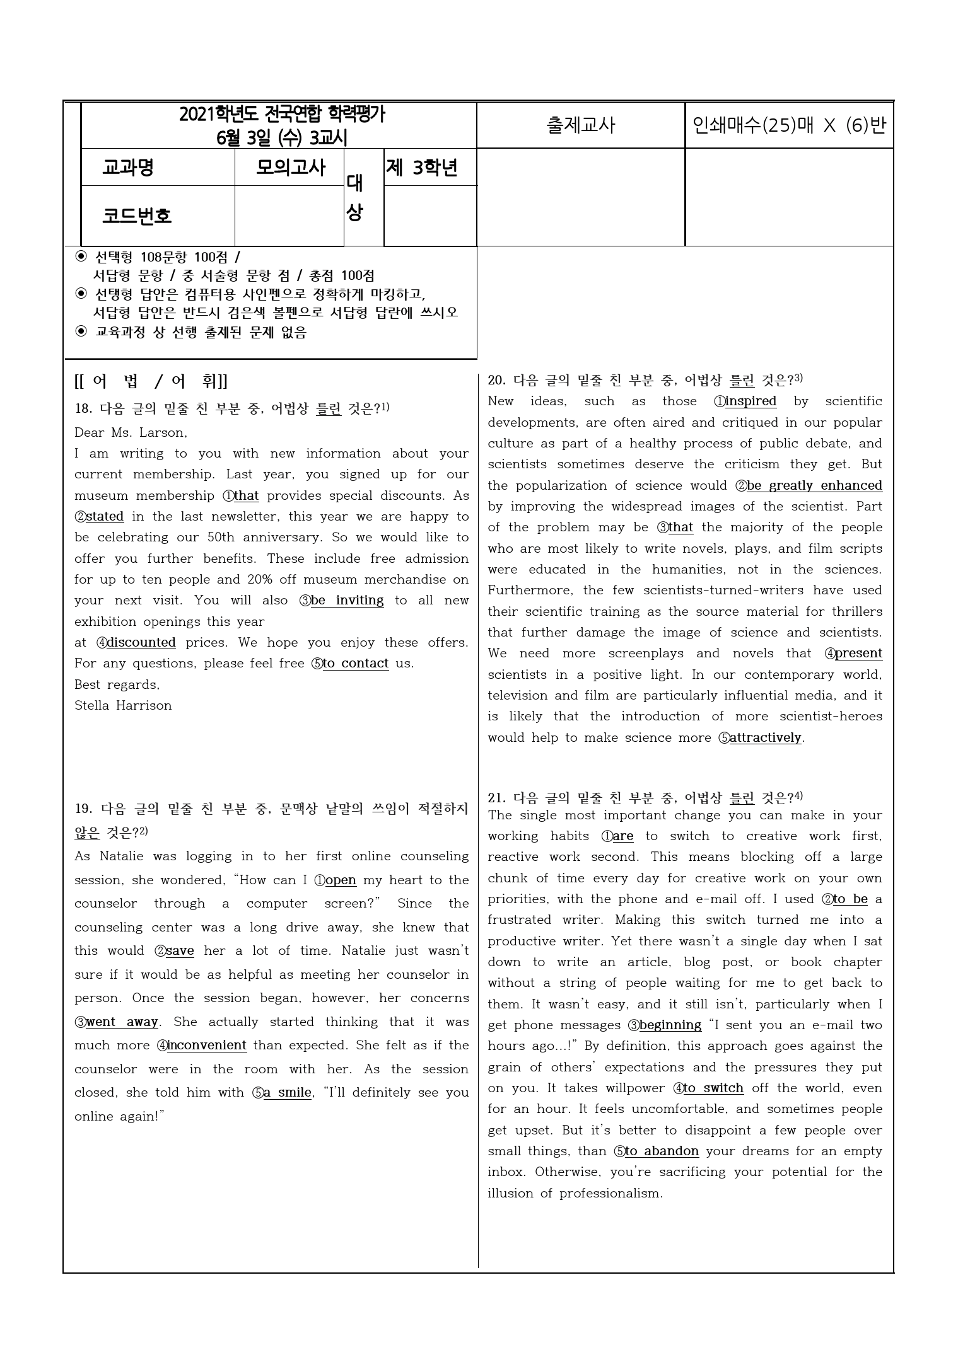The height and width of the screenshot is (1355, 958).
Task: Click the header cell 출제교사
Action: (x=580, y=125)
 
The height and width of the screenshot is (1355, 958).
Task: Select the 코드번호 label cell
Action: (x=137, y=216)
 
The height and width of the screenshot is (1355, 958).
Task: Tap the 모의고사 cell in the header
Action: (x=290, y=168)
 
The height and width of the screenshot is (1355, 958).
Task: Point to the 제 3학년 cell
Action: (x=421, y=168)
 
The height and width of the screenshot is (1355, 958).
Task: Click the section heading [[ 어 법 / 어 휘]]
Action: (x=151, y=381)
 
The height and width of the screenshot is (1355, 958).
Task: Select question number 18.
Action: (x=83, y=408)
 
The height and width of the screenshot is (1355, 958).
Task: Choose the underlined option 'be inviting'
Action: (x=347, y=601)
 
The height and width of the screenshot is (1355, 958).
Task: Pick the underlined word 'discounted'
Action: (x=141, y=643)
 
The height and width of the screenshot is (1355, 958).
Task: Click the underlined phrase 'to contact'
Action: (x=356, y=664)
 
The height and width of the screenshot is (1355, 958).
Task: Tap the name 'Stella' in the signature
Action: (x=92, y=706)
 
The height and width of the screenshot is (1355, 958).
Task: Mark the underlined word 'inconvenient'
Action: (x=206, y=1046)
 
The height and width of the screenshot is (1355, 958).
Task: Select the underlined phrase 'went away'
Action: (x=122, y=1022)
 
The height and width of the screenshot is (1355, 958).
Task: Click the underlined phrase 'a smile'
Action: (x=287, y=1093)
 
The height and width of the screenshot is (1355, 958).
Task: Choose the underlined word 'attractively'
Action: (x=765, y=738)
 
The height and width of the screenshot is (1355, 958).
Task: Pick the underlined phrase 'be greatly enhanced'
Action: (x=814, y=486)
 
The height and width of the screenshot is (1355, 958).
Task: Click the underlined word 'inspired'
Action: (x=751, y=401)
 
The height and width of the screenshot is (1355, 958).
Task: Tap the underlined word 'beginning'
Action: (x=670, y=1025)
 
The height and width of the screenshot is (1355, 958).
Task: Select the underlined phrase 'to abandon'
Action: (x=662, y=1151)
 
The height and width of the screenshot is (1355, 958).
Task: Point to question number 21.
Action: (x=497, y=799)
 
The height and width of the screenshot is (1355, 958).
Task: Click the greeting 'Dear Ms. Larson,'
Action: (x=131, y=433)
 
